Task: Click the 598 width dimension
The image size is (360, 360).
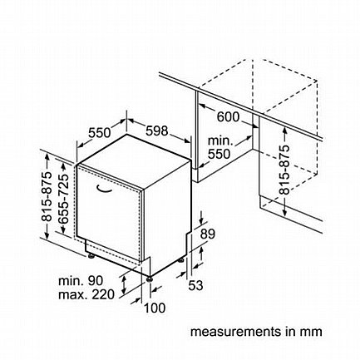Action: coord(157,131)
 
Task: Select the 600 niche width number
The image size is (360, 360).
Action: coord(228,116)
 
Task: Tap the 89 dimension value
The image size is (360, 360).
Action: coord(208,234)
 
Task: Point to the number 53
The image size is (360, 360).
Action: coord(195,285)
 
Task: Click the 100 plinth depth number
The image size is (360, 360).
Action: coord(155,308)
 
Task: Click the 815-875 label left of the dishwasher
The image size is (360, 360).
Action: coord(47,196)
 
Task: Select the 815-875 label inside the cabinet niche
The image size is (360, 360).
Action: coord(284,170)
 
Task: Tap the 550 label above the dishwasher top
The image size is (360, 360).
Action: coord(100,133)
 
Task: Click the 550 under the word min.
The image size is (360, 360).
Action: coord(219,154)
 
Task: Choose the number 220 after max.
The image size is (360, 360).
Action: coord(103,294)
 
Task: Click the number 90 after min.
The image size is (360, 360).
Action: coord(96,281)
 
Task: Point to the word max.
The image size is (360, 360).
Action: coord(73,294)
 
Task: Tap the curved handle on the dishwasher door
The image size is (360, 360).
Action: coord(104,189)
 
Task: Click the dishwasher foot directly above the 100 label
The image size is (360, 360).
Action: coord(150,279)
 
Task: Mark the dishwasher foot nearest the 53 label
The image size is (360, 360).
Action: coord(180,260)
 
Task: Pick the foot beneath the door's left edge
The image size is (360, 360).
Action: coord(91,255)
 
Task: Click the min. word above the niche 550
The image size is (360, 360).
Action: coord(220,141)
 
